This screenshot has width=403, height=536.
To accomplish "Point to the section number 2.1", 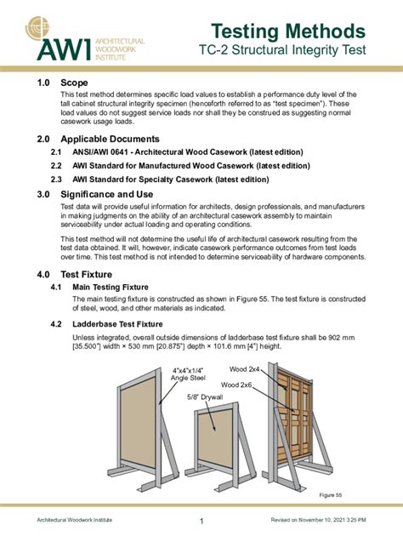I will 57,152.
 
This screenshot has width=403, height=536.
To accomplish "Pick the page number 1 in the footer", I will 201,521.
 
